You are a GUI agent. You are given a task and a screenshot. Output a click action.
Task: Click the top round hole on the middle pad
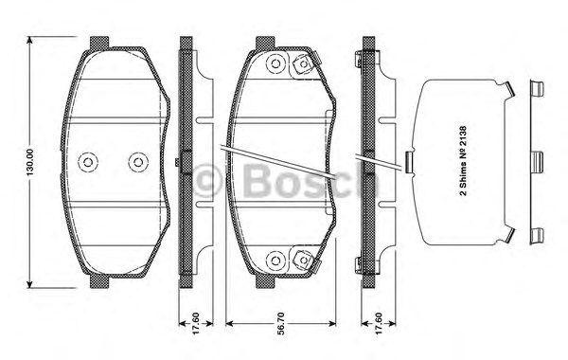(x=276, y=65)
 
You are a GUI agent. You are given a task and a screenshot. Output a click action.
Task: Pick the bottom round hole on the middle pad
(x=276, y=258)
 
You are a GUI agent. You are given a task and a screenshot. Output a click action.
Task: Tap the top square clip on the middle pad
(x=305, y=64)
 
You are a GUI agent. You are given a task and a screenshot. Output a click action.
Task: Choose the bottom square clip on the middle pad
(x=305, y=258)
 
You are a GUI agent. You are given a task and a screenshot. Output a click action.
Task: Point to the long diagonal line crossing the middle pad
(x=280, y=162)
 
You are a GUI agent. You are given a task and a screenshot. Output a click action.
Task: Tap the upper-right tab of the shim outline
(x=512, y=93)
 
